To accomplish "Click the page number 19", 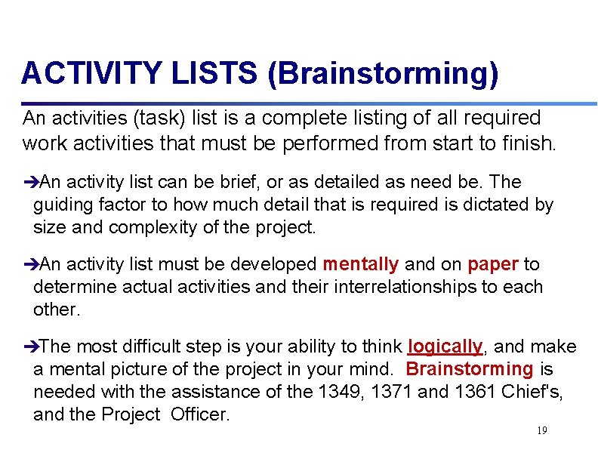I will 541,430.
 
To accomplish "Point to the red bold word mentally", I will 361,264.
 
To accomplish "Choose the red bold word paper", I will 493,264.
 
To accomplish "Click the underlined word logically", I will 445,346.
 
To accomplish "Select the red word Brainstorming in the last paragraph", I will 470,369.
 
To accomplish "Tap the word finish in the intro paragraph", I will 528,141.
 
